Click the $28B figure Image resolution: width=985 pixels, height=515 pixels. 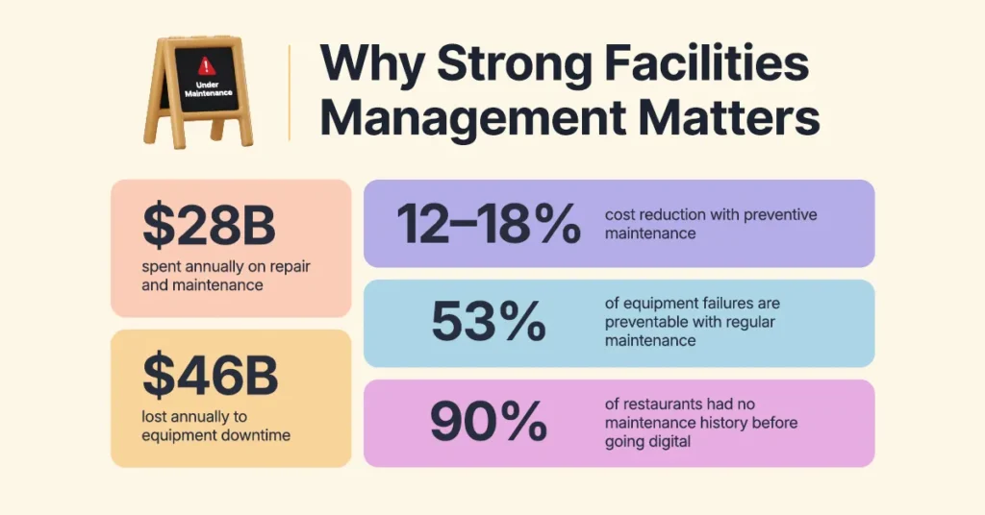[210, 227]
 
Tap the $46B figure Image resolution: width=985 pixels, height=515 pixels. [211, 377]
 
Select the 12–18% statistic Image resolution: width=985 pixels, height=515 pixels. [489, 224]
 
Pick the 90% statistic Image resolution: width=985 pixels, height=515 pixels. [489, 423]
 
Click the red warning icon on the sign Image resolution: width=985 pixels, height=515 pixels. [204, 66]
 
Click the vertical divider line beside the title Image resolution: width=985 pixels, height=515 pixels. [289, 92]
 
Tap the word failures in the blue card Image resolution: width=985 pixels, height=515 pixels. [711, 305]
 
